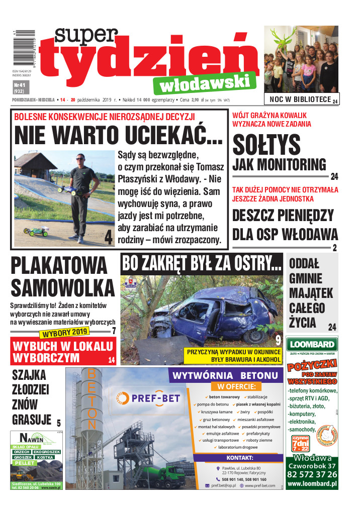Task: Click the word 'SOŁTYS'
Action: (x=266, y=146)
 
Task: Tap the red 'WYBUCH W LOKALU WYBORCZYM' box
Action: (x=63, y=352)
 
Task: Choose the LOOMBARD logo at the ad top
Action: (x=312, y=345)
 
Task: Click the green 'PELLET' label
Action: (x=24, y=463)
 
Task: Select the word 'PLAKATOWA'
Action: (x=59, y=266)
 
